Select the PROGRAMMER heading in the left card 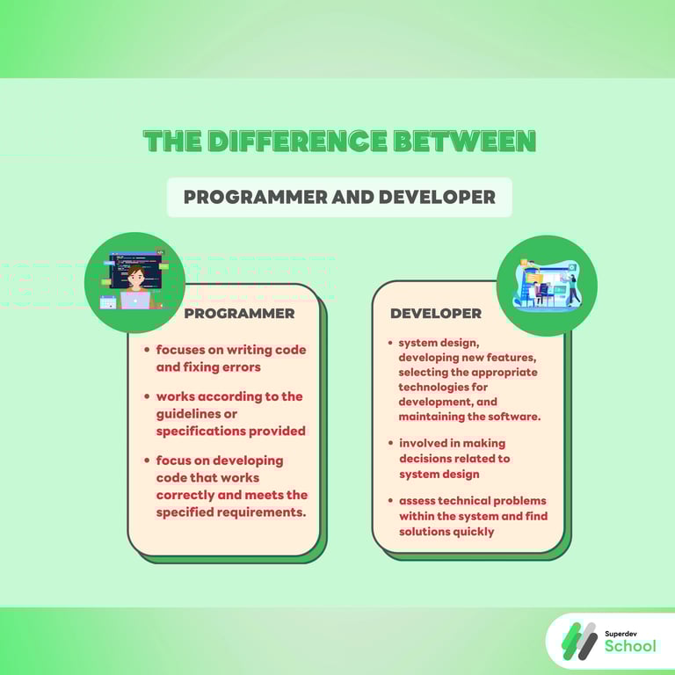[x=239, y=313]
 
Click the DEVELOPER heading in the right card [x=435, y=313]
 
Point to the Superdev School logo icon [x=578, y=640]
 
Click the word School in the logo [x=630, y=647]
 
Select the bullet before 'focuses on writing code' [x=147, y=350]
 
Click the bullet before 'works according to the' [x=147, y=396]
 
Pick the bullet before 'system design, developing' [x=390, y=343]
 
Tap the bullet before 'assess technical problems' [x=390, y=501]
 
